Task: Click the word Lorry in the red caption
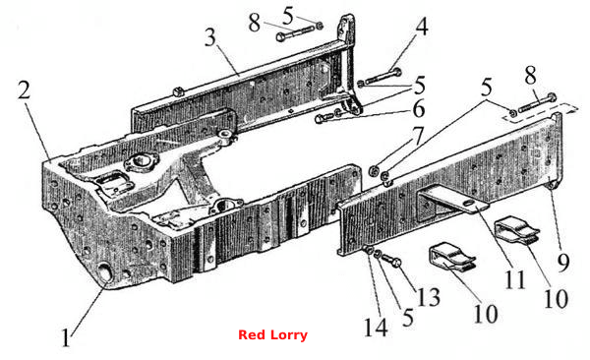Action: [x=288, y=334]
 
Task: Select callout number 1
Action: [x=66, y=337]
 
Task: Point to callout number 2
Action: [x=24, y=90]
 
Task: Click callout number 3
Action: [x=210, y=37]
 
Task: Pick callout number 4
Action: [x=422, y=27]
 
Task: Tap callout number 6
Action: [x=419, y=109]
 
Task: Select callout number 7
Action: [x=419, y=136]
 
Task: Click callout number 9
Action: [x=563, y=263]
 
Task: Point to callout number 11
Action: [x=515, y=279]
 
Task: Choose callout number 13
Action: [x=428, y=297]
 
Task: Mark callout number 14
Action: [x=376, y=327]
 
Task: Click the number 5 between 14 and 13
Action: [x=408, y=317]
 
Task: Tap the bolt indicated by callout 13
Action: [x=392, y=260]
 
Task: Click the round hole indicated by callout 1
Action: [x=105, y=272]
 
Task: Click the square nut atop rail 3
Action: [x=178, y=90]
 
